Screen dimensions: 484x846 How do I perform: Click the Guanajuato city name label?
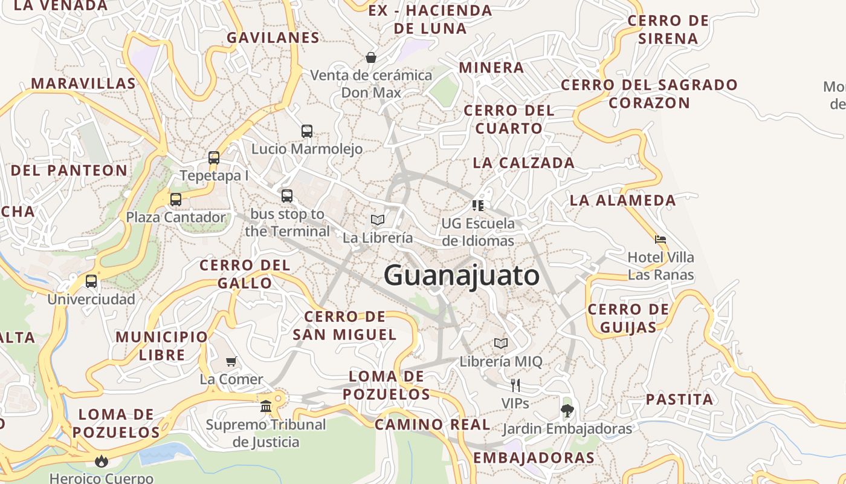pos(462,276)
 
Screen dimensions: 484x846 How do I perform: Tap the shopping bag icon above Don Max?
pos(371,57)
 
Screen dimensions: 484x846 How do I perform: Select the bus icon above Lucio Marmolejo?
pos(307,131)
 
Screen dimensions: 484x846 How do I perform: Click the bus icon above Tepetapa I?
pos(214,158)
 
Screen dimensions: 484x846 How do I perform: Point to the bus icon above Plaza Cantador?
pos(176,200)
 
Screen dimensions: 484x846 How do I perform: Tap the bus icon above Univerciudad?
pos(91,281)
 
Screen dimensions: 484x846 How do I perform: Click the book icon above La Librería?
pos(378,220)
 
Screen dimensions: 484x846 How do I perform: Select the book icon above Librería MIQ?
pos(501,344)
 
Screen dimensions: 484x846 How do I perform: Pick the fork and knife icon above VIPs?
pos(515,385)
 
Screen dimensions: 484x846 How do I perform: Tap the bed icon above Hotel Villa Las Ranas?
pos(660,240)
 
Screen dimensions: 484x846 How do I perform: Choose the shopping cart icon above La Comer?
pos(231,362)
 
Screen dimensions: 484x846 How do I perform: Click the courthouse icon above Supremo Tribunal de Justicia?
pos(266,406)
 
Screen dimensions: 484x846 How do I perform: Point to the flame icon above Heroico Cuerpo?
pos(102,461)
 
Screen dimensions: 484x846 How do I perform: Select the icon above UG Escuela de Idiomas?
pos(478,205)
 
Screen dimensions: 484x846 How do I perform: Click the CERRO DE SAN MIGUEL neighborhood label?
pos(344,325)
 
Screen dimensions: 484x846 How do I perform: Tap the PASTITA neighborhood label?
pos(680,399)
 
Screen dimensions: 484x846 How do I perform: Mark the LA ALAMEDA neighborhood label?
pos(623,200)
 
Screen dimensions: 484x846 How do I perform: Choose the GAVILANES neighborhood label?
pos(273,38)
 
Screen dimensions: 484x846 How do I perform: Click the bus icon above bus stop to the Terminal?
pos(287,196)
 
